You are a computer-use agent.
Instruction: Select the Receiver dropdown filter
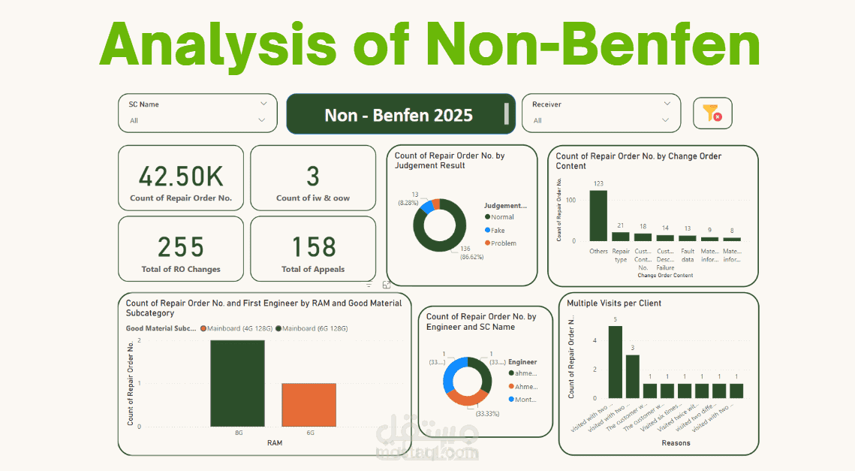click(601, 113)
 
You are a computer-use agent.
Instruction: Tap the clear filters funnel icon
click(712, 113)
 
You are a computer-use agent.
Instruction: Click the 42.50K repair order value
click(181, 177)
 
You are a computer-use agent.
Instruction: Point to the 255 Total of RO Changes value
click(181, 247)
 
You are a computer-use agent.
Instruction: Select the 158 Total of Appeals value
click(312, 247)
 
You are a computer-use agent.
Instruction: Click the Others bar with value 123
click(598, 216)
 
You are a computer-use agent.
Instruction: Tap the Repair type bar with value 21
click(621, 236)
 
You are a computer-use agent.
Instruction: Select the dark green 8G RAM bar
click(237, 383)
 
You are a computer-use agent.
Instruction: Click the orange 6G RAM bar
click(309, 405)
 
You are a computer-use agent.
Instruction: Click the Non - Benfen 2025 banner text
click(399, 115)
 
